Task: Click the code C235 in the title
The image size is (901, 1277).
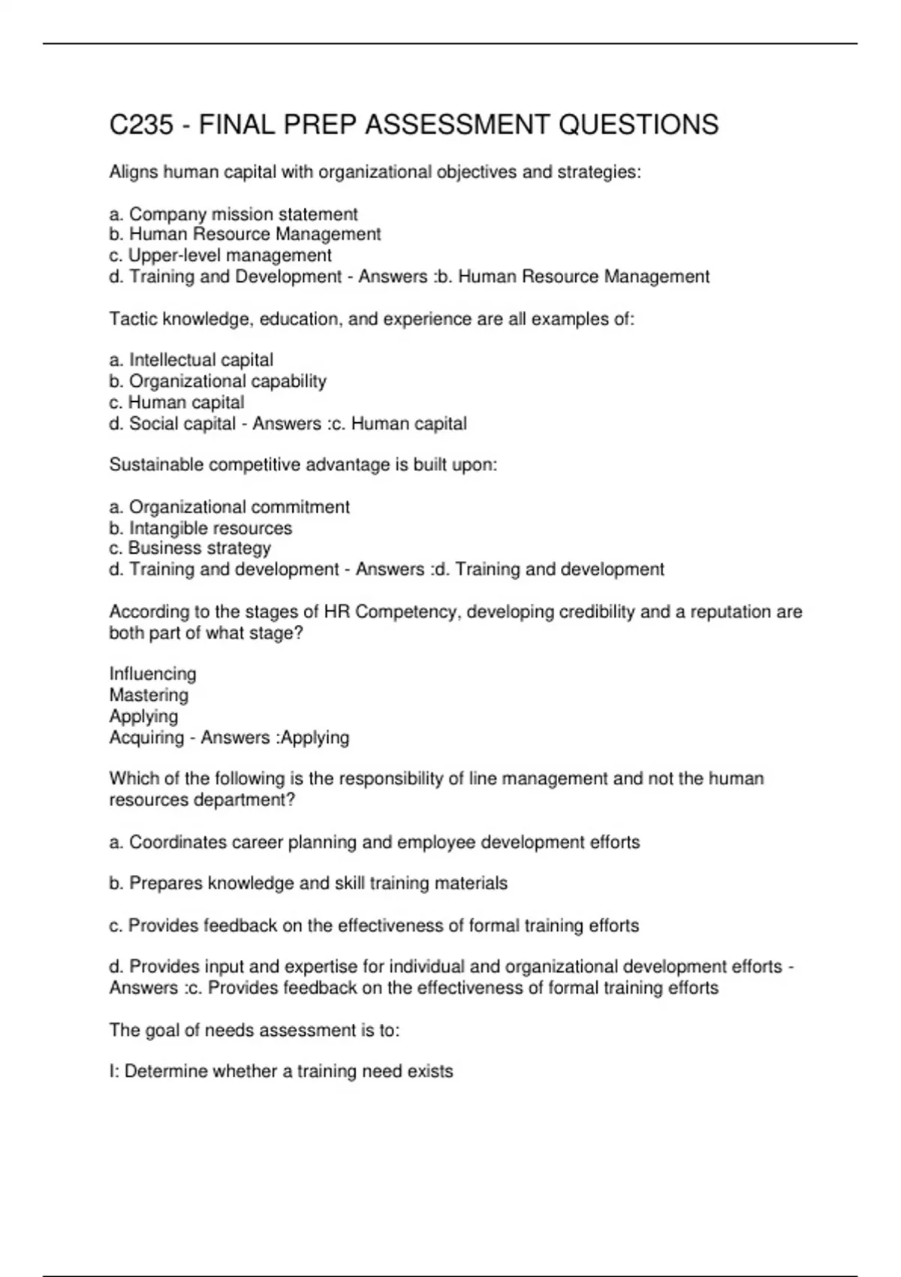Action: point(141,125)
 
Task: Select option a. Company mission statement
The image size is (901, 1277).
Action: point(234,214)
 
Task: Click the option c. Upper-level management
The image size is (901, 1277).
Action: point(221,255)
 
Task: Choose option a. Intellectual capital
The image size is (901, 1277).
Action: point(191,360)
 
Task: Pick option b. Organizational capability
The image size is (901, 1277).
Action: point(218,381)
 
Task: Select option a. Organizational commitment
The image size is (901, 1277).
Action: point(230,507)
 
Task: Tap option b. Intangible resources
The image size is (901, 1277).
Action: point(200,528)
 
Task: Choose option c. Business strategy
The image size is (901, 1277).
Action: point(190,548)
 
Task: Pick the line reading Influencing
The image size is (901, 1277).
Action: point(152,674)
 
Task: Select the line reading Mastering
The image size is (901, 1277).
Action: point(149,695)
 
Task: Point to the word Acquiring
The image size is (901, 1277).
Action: point(146,738)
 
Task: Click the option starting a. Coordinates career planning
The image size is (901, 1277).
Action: point(375,842)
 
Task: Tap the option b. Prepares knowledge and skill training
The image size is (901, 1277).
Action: point(309,883)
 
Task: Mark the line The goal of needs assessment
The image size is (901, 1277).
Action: point(255,1030)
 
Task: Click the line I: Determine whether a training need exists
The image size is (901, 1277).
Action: point(282,1071)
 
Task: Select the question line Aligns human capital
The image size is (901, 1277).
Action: point(375,172)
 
